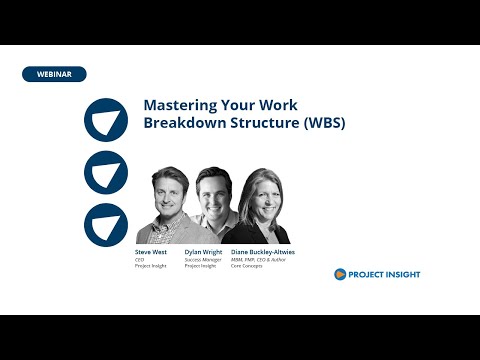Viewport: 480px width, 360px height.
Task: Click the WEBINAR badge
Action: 54,74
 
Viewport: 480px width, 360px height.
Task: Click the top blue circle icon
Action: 105,120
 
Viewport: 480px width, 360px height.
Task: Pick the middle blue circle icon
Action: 105,172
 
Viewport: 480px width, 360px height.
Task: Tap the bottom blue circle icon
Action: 105,224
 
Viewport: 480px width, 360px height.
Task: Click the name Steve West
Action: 151,252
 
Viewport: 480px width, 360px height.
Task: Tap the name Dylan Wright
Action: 203,252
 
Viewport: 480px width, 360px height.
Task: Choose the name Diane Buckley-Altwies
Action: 263,252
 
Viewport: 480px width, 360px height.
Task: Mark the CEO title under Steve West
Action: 140,259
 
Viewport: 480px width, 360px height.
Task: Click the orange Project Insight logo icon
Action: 341,274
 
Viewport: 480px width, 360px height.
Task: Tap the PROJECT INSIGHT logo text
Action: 386,274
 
